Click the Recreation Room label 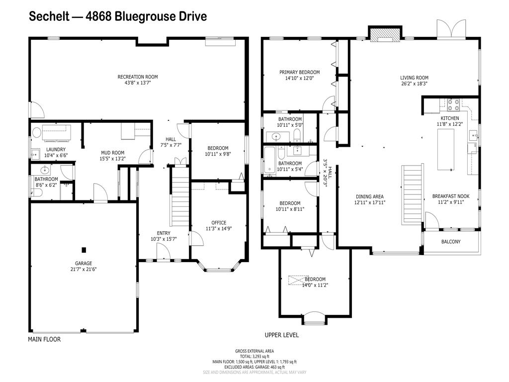138,77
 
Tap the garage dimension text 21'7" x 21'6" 84,269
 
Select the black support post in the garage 84,250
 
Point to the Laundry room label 56,149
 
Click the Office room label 219,222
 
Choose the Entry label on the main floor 164,233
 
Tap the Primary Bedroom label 299,72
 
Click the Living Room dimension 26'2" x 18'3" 414,84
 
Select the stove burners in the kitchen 453,105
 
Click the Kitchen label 450,118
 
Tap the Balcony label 451,242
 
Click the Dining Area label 370,196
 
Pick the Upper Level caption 281,335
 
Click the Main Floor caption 44,340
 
